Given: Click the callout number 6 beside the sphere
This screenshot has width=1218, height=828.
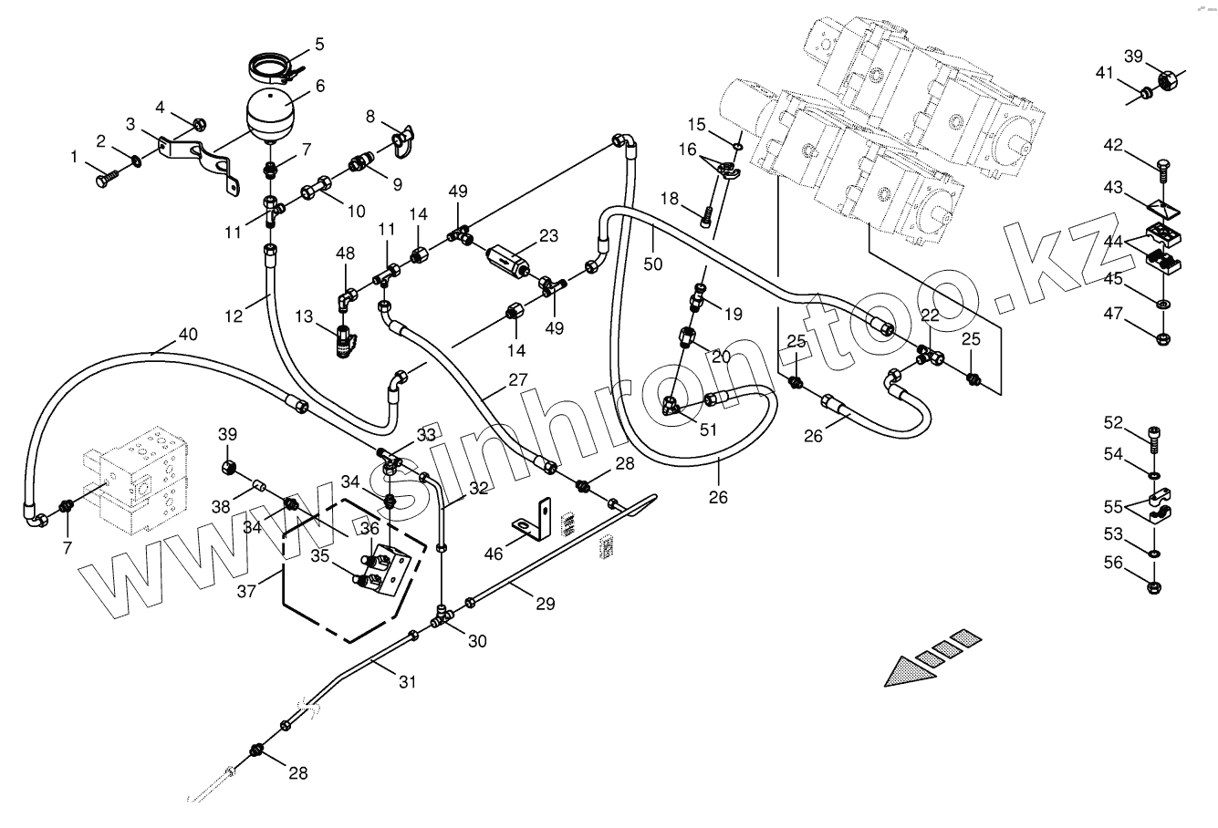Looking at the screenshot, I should tap(319, 86).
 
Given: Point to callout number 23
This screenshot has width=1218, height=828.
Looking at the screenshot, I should tap(547, 234).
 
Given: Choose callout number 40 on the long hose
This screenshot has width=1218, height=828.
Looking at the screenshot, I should tap(187, 334).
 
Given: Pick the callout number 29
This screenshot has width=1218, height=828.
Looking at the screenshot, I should tap(545, 602).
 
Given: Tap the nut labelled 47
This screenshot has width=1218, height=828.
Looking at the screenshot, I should tap(1164, 338).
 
